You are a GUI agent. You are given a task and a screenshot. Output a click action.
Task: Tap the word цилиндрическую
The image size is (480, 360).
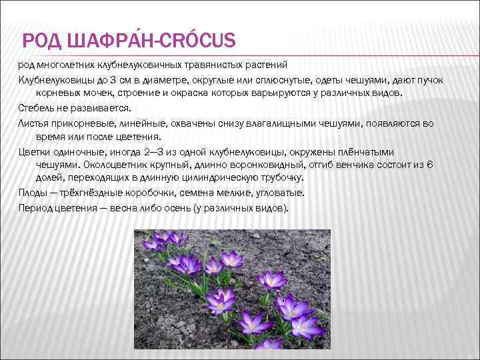click(x=227, y=178)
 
